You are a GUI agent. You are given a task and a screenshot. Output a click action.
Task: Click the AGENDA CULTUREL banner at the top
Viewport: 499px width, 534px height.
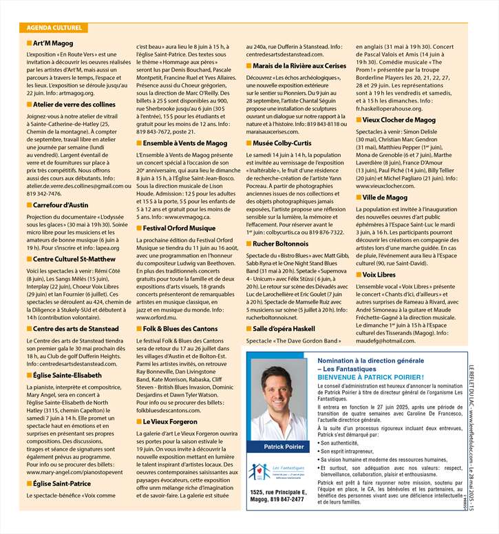coord(54,28)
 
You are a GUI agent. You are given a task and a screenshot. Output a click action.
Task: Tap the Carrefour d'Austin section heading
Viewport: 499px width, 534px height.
coord(61,204)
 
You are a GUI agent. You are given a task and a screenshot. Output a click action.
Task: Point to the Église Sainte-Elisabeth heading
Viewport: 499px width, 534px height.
coord(67,375)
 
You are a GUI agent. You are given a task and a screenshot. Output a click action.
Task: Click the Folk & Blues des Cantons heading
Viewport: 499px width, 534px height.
coord(182,330)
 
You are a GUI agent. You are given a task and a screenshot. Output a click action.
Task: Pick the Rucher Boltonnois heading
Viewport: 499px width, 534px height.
coord(281,243)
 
